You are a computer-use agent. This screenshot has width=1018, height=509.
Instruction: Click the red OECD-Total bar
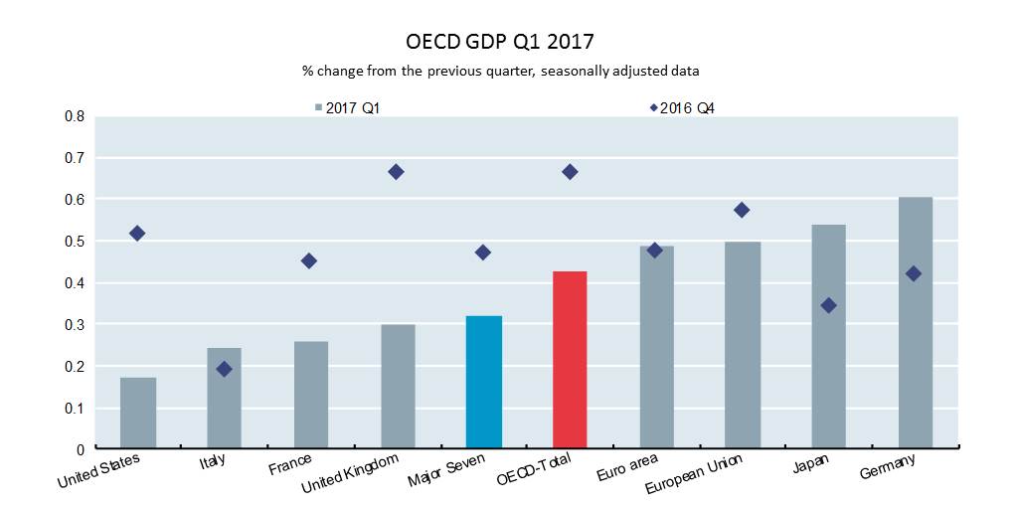click(x=570, y=360)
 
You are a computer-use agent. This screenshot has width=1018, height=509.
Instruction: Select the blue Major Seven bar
click(x=483, y=383)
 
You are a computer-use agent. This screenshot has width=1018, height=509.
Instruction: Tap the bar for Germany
click(x=916, y=323)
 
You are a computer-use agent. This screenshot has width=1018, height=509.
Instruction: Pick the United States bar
click(x=137, y=414)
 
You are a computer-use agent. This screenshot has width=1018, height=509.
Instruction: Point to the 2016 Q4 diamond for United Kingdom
click(x=396, y=172)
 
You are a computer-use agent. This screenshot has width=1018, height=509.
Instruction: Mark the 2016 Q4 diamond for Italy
click(x=224, y=369)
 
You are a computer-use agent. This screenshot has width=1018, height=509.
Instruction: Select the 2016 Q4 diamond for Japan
click(x=828, y=305)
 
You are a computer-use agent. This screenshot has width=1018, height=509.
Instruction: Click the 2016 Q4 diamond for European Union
click(x=741, y=210)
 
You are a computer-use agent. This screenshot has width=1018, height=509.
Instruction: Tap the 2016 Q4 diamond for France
click(x=309, y=260)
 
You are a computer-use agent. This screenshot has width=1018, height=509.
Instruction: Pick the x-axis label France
click(x=289, y=463)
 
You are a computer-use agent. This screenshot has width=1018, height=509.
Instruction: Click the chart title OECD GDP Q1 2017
click(x=500, y=42)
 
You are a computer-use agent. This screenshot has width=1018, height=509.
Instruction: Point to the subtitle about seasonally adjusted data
click(x=500, y=71)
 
